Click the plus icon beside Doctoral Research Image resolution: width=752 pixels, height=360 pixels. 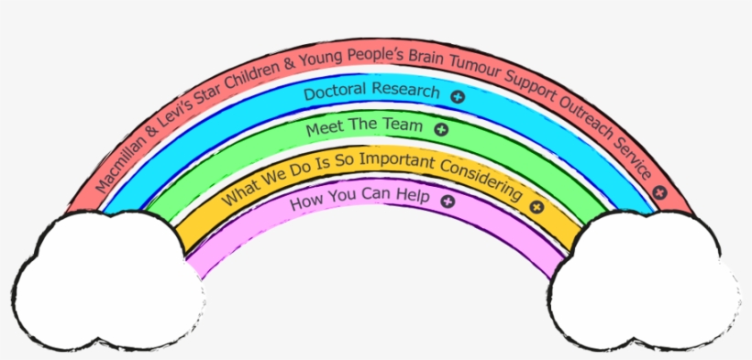click(x=458, y=97)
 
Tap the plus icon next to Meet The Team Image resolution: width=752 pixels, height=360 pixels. click(x=441, y=129)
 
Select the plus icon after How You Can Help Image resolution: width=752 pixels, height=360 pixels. click(x=448, y=202)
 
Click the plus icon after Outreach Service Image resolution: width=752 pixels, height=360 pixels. click(x=660, y=192)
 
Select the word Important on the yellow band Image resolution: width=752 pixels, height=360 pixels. click(x=396, y=161)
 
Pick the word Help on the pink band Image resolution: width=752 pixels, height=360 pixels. click(x=414, y=197)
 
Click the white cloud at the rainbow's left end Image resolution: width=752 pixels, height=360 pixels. click(x=108, y=280)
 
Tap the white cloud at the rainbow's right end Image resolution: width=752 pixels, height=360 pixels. click(x=644, y=280)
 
